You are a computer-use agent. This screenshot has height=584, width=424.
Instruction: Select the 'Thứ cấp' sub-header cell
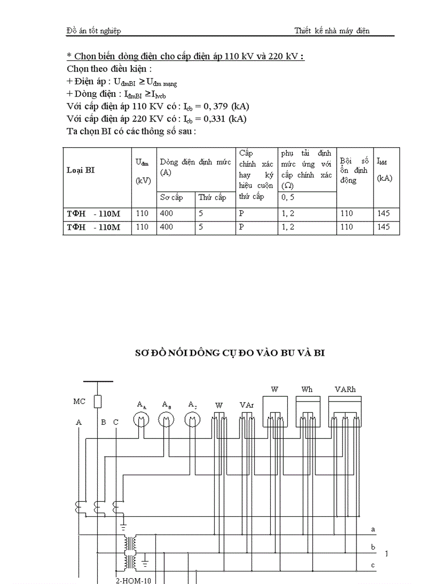(213, 198)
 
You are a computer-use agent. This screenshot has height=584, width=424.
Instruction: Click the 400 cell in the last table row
(167, 227)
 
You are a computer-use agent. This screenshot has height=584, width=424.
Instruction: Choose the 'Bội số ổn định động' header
(354, 170)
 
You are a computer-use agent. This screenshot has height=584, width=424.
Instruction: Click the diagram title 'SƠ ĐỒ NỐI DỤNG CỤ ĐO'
(230, 353)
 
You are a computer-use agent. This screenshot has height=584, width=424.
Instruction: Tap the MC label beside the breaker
(79, 401)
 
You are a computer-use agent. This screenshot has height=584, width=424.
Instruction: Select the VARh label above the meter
(346, 390)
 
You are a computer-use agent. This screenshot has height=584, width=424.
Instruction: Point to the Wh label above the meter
(307, 390)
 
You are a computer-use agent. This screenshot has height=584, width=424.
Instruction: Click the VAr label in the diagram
(246, 405)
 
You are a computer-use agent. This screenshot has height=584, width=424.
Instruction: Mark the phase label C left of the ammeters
(116, 422)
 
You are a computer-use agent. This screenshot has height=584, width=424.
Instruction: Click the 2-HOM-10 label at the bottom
(133, 580)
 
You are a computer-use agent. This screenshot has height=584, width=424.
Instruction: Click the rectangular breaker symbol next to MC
(98, 401)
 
